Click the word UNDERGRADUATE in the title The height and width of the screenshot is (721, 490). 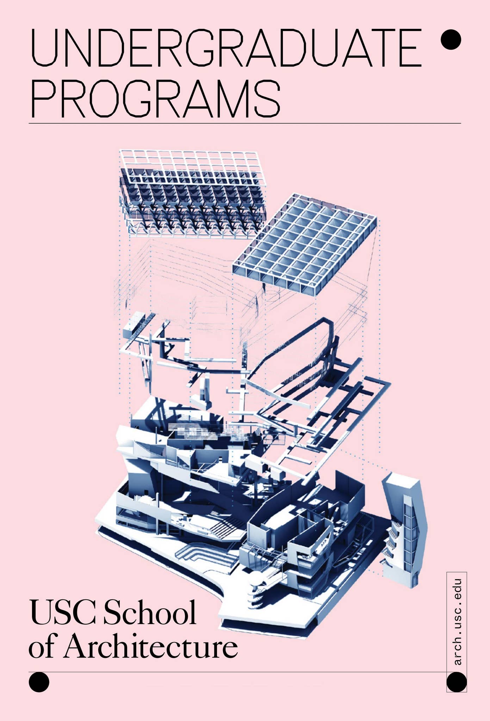[x=225, y=48]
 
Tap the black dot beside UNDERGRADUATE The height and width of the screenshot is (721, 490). [x=451, y=40]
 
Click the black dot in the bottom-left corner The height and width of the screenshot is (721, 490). [x=39, y=682]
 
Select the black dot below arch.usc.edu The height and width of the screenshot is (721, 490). [x=457, y=682]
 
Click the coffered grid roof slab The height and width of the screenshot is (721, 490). [x=305, y=243]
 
